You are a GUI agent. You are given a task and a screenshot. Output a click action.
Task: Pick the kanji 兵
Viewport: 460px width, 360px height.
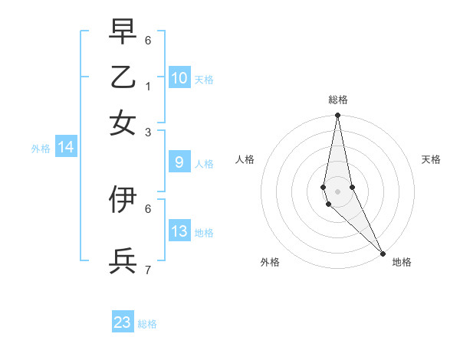point(123,260)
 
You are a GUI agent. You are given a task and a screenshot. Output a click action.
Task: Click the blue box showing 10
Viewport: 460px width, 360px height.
point(179,78)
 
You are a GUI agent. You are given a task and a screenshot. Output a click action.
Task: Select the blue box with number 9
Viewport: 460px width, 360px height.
point(179,162)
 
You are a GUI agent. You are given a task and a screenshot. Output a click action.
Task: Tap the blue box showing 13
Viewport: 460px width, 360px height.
point(179,231)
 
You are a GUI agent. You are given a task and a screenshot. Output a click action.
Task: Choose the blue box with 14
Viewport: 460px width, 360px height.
point(66,148)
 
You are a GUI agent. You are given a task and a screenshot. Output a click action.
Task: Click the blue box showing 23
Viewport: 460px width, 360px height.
point(123,322)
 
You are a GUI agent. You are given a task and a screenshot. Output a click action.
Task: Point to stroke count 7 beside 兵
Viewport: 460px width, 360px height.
point(148,270)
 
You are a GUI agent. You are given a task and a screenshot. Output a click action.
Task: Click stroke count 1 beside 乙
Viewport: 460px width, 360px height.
point(148,86)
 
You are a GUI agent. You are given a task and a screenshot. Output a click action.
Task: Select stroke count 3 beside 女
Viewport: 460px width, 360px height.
point(148,132)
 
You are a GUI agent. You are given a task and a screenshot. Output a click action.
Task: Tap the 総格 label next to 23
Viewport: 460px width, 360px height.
point(147,324)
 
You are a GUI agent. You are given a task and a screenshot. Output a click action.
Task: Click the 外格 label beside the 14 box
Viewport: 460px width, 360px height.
point(41,149)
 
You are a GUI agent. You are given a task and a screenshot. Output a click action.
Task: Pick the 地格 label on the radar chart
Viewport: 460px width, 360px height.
point(402,262)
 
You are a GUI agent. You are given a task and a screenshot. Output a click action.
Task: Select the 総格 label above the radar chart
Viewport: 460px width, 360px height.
point(338,100)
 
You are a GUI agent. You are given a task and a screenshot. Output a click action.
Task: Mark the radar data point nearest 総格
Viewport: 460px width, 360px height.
point(337,116)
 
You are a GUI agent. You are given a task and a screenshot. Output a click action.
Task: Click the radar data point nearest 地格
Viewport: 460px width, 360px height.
point(383,254)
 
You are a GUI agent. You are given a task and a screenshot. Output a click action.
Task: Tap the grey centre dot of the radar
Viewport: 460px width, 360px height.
point(337,191)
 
